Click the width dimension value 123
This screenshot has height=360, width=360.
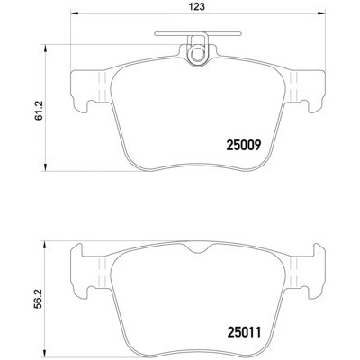(193, 6)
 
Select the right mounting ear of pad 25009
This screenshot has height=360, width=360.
(305, 91)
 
